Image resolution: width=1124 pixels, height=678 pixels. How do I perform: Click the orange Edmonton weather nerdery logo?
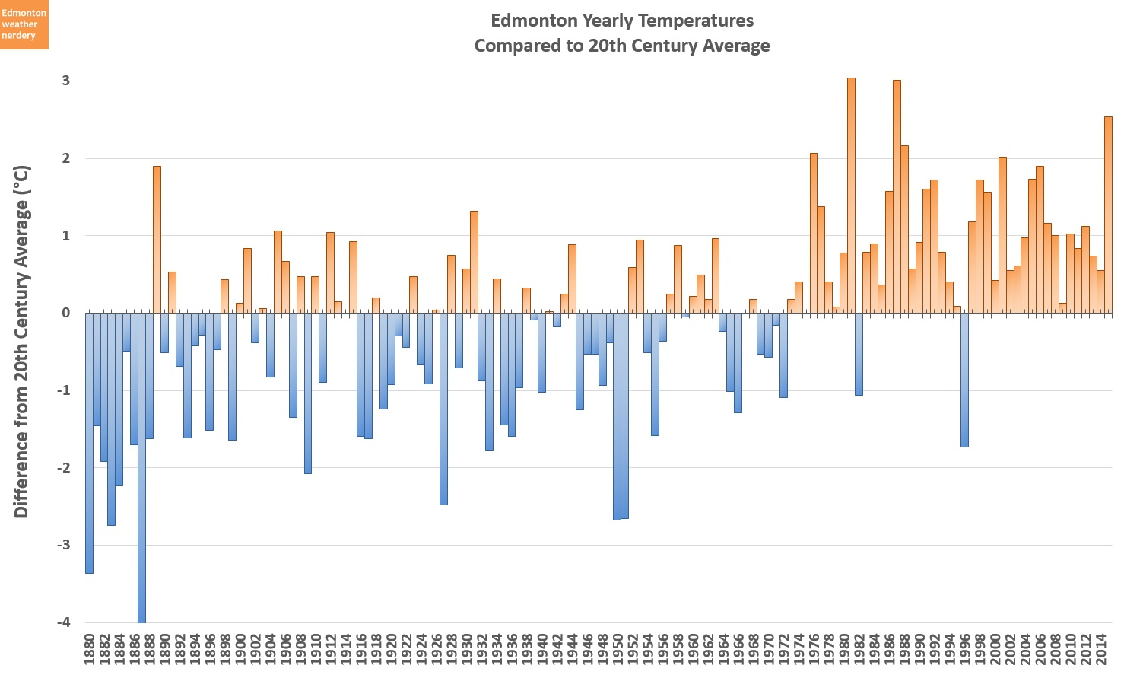(24, 24)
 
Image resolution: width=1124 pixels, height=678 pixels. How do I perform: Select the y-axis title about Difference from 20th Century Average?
(21, 342)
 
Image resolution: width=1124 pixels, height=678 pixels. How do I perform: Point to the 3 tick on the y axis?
(66, 81)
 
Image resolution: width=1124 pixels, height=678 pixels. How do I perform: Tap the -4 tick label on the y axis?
(63, 622)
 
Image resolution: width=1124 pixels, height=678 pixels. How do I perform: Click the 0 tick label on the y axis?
(66, 313)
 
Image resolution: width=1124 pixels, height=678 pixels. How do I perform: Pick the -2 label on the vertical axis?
(63, 468)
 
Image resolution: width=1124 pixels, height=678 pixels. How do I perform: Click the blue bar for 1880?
(89, 441)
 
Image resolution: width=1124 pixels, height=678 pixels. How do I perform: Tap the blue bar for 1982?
(859, 354)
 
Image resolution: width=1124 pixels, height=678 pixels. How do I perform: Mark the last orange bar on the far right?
(1108, 214)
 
